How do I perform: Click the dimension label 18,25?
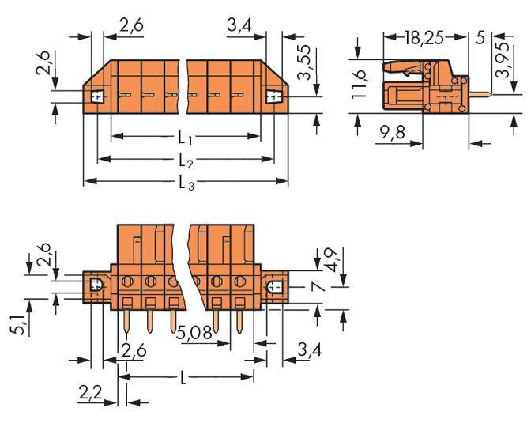coord(424,37)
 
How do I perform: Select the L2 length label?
coord(186,161)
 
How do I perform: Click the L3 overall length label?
coord(186,183)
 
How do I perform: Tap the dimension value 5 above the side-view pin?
coord(480,37)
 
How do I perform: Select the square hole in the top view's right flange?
coord(273,97)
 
